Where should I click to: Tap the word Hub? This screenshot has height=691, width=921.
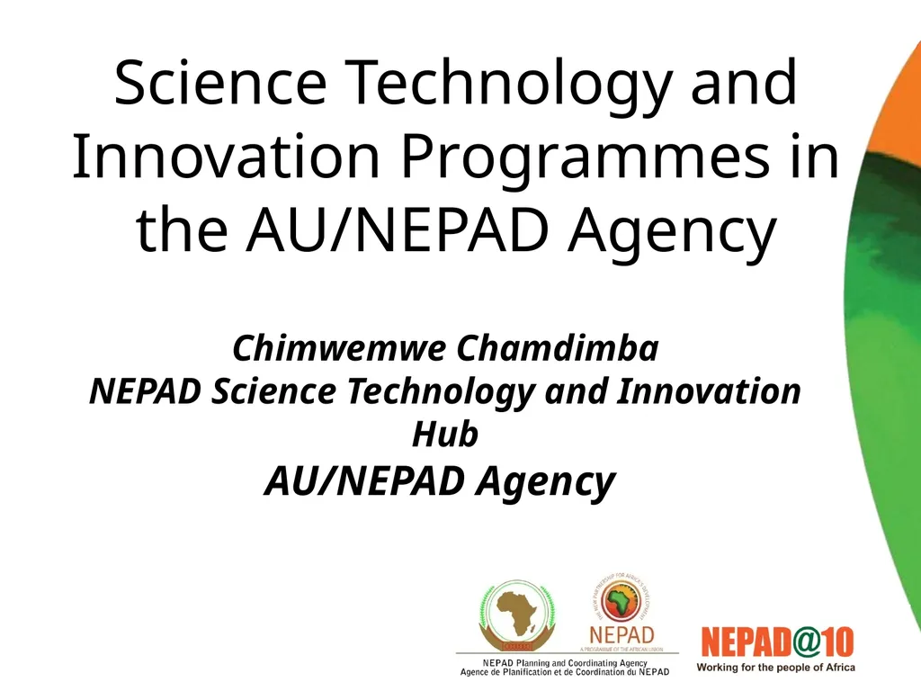(x=445, y=435)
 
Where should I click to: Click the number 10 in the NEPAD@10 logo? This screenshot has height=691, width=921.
(x=836, y=644)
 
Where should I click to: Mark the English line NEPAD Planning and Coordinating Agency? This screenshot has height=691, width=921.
(x=565, y=663)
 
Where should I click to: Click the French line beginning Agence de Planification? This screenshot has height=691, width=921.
(x=565, y=672)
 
